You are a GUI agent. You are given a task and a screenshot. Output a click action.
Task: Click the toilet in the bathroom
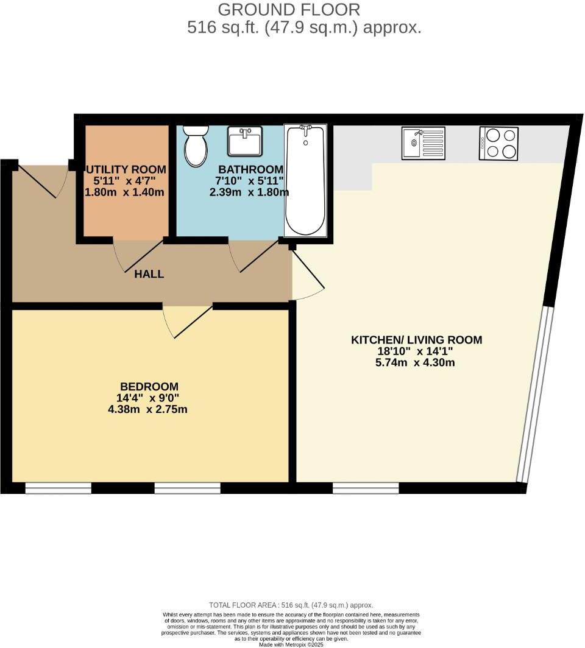pos(196,146)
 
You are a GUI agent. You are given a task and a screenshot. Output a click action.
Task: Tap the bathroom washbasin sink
pos(245,141)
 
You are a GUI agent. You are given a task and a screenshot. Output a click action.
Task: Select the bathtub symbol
pos(306,181)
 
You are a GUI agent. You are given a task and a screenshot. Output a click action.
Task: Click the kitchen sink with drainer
pos(423,143)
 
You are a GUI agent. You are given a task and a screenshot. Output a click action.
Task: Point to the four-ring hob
pos(498,143)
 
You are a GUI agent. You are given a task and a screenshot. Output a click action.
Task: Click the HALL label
pos(149,274)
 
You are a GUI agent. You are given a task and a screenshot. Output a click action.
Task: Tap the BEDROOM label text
pos(149,386)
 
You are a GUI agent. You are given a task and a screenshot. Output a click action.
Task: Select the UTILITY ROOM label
pos(126,169)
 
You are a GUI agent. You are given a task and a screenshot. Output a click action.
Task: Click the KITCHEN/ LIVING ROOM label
pos(416,340)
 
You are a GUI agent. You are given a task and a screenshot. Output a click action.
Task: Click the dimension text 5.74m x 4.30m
pos(416,362)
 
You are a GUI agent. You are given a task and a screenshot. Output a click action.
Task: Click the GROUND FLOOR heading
pos(289,10)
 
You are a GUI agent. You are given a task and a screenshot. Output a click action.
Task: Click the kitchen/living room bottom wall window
pos(366,488)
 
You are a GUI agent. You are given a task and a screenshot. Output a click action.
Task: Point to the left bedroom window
pos(58,488)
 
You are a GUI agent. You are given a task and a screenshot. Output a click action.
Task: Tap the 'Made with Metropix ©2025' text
pos(291,644)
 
